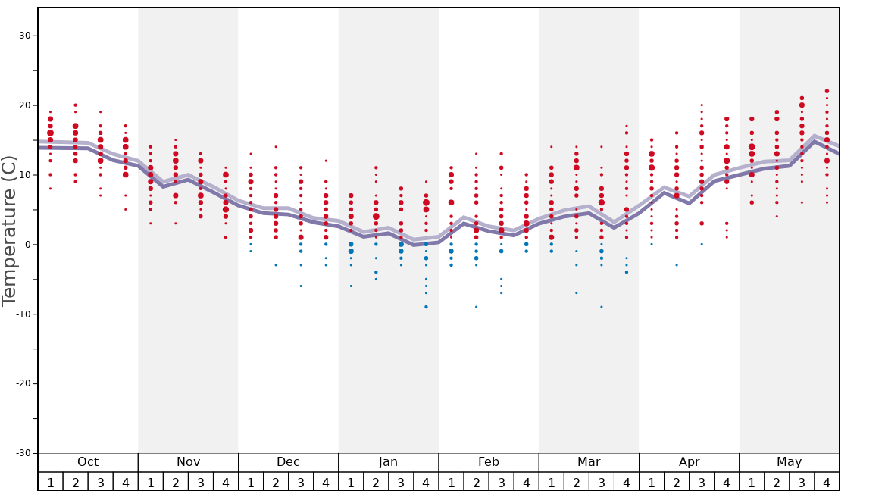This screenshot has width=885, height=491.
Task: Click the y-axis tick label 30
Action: (23, 36)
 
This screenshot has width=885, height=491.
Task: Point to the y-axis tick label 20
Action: (23, 105)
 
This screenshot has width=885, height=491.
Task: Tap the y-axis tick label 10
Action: (23, 175)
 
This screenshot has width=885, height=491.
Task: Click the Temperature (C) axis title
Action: (9, 231)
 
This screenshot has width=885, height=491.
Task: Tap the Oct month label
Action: (88, 462)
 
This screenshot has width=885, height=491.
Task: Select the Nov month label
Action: (188, 462)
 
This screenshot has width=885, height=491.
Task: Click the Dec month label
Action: (288, 462)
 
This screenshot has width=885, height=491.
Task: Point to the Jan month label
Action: (388, 462)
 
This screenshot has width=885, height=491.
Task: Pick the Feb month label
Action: (489, 462)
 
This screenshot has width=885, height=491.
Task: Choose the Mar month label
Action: (589, 462)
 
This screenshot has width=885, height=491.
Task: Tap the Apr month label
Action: (689, 462)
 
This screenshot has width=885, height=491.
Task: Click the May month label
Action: (789, 462)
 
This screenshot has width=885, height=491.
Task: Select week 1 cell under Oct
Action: (51, 482)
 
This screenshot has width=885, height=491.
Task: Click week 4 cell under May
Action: (827, 482)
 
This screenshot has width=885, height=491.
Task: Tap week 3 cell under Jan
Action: (401, 482)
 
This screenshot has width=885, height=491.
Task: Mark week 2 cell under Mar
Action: (576, 482)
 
